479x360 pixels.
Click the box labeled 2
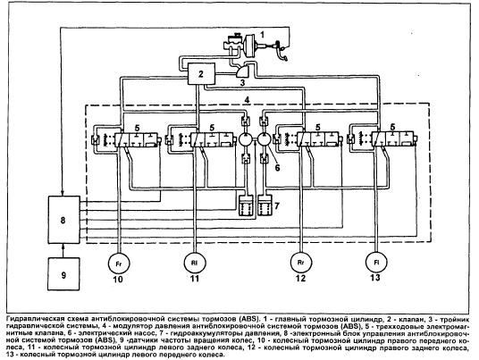pyautogui.click(x=201, y=73)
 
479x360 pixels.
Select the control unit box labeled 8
pyautogui.click(x=63, y=220)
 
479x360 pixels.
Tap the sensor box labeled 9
pyautogui.click(x=63, y=274)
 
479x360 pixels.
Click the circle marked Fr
pyautogui.click(x=119, y=264)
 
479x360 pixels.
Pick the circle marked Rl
pyautogui.click(x=195, y=263)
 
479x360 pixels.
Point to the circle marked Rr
pyautogui.click(x=300, y=263)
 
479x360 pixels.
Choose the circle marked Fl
pyautogui.click(x=376, y=262)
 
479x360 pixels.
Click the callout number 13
pyautogui.click(x=375, y=277)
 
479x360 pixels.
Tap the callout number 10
pyautogui.click(x=118, y=279)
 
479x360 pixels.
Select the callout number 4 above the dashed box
pyautogui.click(x=248, y=100)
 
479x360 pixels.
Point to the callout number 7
pyautogui.click(x=277, y=206)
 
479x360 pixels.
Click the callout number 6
pyautogui.click(x=277, y=168)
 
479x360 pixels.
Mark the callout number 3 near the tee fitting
pyautogui.click(x=242, y=82)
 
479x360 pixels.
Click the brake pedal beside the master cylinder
pyautogui.click(x=282, y=51)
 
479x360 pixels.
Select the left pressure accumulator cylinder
pyautogui.click(x=246, y=205)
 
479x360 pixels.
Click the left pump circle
pyautogui.click(x=245, y=139)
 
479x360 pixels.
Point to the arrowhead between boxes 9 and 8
pyautogui.click(x=63, y=246)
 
